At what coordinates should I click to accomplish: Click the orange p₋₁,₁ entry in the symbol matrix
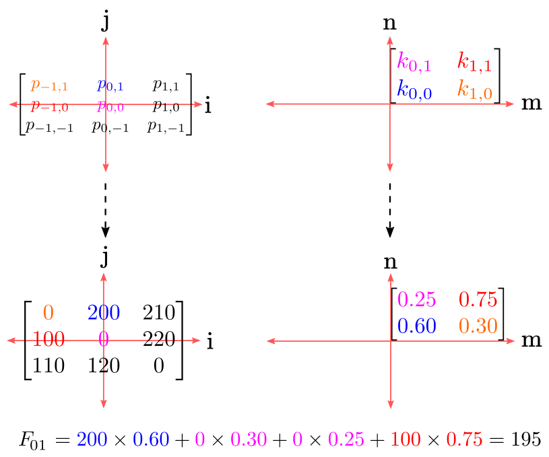click(x=49, y=85)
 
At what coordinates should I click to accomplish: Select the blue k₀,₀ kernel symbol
click(x=414, y=90)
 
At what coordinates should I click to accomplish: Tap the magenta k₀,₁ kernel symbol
click(x=414, y=63)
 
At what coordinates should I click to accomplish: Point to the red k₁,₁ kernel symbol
click(x=475, y=63)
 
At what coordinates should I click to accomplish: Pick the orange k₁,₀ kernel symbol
click(x=475, y=90)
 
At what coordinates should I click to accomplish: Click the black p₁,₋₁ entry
click(x=166, y=127)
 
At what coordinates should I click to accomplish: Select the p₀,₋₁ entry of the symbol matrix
click(x=110, y=127)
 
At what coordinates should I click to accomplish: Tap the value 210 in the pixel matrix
click(x=159, y=312)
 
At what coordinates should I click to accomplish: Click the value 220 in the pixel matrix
click(x=159, y=339)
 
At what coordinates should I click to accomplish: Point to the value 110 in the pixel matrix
click(x=49, y=365)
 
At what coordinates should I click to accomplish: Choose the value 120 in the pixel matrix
click(x=104, y=365)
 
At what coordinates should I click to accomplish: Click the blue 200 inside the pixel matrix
click(x=104, y=312)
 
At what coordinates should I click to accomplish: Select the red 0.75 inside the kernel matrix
click(x=478, y=300)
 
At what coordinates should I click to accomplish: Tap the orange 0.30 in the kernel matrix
click(x=478, y=326)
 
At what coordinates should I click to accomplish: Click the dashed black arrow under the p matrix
click(x=105, y=210)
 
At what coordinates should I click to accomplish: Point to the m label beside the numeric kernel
click(x=531, y=340)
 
